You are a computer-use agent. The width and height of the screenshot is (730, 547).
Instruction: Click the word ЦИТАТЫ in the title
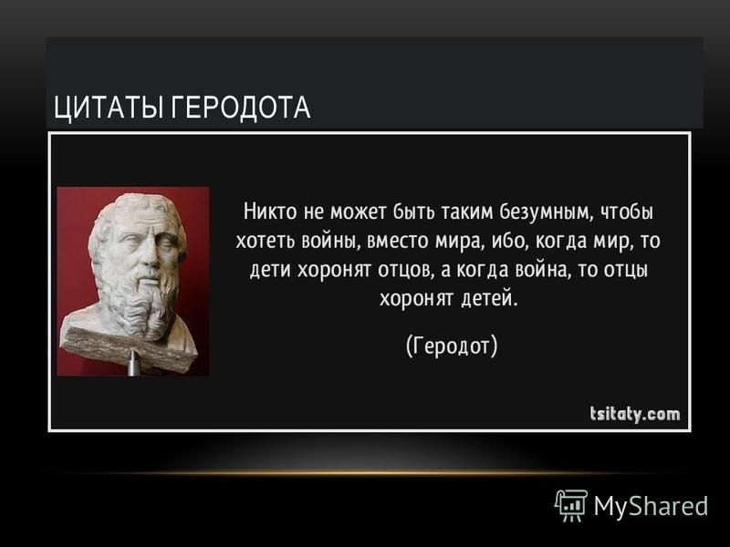(x=109, y=108)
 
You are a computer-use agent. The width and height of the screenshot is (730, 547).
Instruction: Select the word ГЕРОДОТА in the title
(x=240, y=108)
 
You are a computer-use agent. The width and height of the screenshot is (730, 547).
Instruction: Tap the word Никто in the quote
(x=270, y=212)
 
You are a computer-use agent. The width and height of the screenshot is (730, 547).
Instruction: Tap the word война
(x=543, y=270)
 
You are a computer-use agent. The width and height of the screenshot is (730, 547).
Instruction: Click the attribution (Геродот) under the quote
(x=452, y=346)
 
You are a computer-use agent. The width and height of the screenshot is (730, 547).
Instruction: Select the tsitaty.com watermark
(x=635, y=414)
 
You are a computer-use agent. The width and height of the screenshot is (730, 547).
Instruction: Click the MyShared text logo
(x=651, y=506)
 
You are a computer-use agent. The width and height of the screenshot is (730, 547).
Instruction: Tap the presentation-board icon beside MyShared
(x=571, y=506)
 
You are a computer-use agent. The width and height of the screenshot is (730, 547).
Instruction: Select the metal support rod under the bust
(x=133, y=362)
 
